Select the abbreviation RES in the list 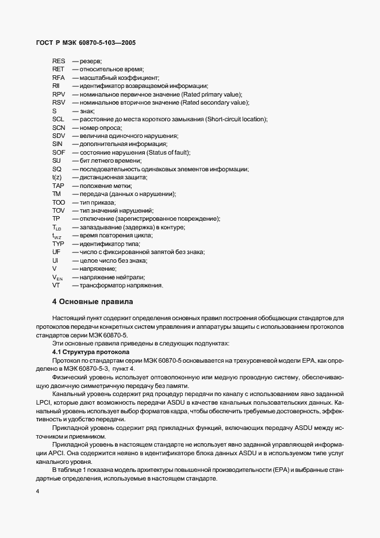pos(59,60)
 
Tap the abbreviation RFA pos(59,77)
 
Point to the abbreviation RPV pos(59,94)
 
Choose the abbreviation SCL pos(59,119)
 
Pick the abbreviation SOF pos(58,152)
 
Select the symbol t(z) pos(57,178)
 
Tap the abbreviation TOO pos(59,202)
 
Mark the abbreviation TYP pos(58,244)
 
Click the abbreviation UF pos(56,252)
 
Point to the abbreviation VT pos(56,286)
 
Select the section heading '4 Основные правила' pos(92,301)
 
